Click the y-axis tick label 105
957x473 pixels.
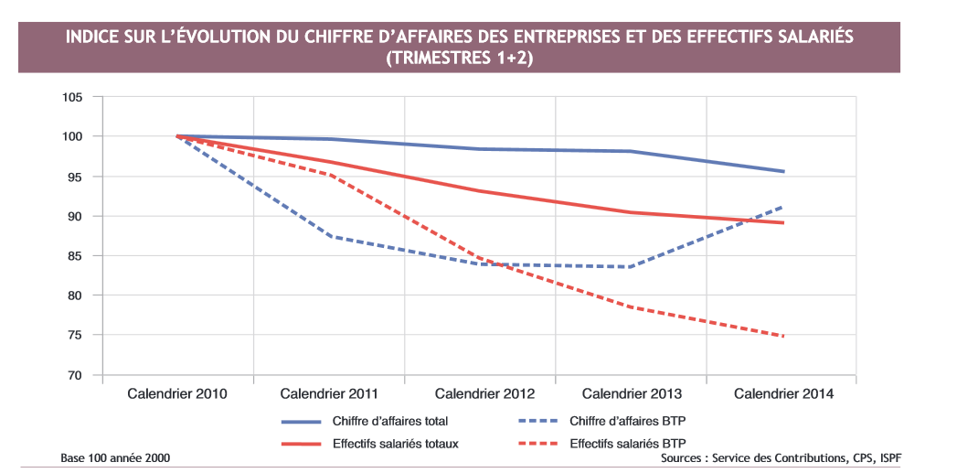[72, 97]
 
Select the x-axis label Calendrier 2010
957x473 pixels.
[176, 393]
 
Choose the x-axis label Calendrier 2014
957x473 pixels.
[783, 393]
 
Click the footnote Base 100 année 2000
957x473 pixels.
[115, 458]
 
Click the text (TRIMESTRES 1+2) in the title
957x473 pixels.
[459, 58]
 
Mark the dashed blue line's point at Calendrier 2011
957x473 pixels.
[329, 236]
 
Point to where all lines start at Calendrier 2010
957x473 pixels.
[177, 136]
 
